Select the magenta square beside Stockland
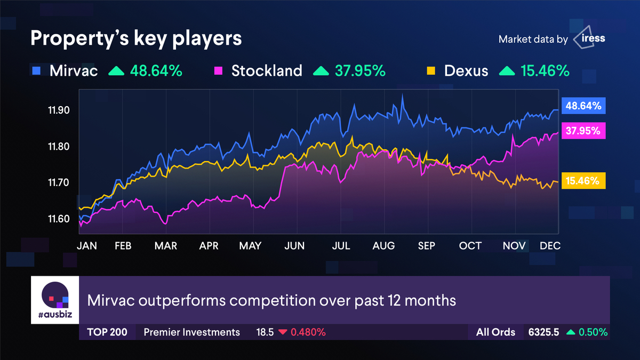[218, 70]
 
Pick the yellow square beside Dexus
[431, 70]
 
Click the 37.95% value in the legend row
[360, 70]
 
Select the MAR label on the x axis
[166, 245]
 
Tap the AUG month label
[383, 245]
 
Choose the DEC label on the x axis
[550, 245]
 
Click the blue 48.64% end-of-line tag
[583, 106]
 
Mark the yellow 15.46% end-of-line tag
[583, 181]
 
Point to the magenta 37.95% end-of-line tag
[583, 131]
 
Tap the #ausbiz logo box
[55, 300]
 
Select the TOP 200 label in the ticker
[107, 332]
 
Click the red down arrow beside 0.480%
[283, 332]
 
